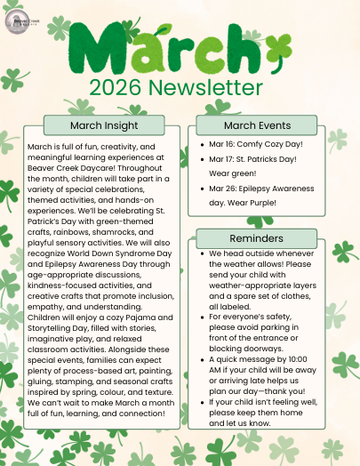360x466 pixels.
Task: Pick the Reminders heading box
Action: point(256,237)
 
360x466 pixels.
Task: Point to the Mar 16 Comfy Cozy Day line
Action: point(259,143)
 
